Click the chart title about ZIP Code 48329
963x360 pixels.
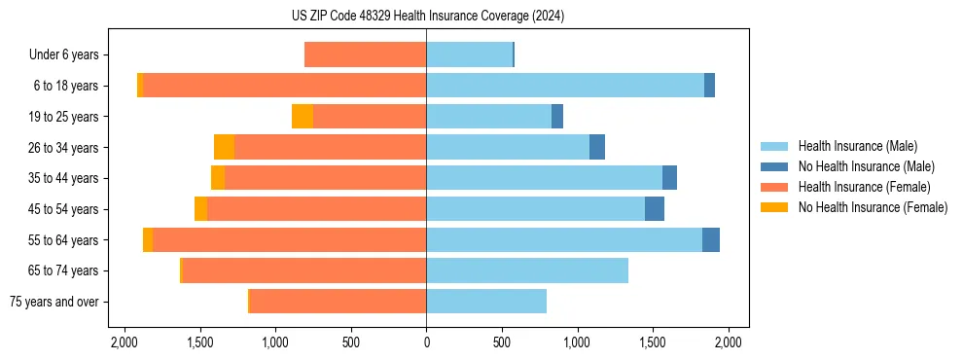[427, 17]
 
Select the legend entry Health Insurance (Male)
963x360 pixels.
[857, 146]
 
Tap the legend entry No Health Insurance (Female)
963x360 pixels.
[873, 207]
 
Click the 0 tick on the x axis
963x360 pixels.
[426, 342]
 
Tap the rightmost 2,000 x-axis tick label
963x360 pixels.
[729, 342]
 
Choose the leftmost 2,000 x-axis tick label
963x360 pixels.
[124, 342]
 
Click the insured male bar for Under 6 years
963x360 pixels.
[469, 54]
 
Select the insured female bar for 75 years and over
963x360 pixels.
[338, 302]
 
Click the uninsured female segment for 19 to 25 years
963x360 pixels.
[303, 117]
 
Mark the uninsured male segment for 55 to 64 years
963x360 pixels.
[711, 240]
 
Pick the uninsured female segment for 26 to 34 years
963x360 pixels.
[224, 147]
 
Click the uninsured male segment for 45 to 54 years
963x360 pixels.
[655, 209]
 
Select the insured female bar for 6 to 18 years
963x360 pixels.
[285, 86]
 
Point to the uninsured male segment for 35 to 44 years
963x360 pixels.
[669, 178]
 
